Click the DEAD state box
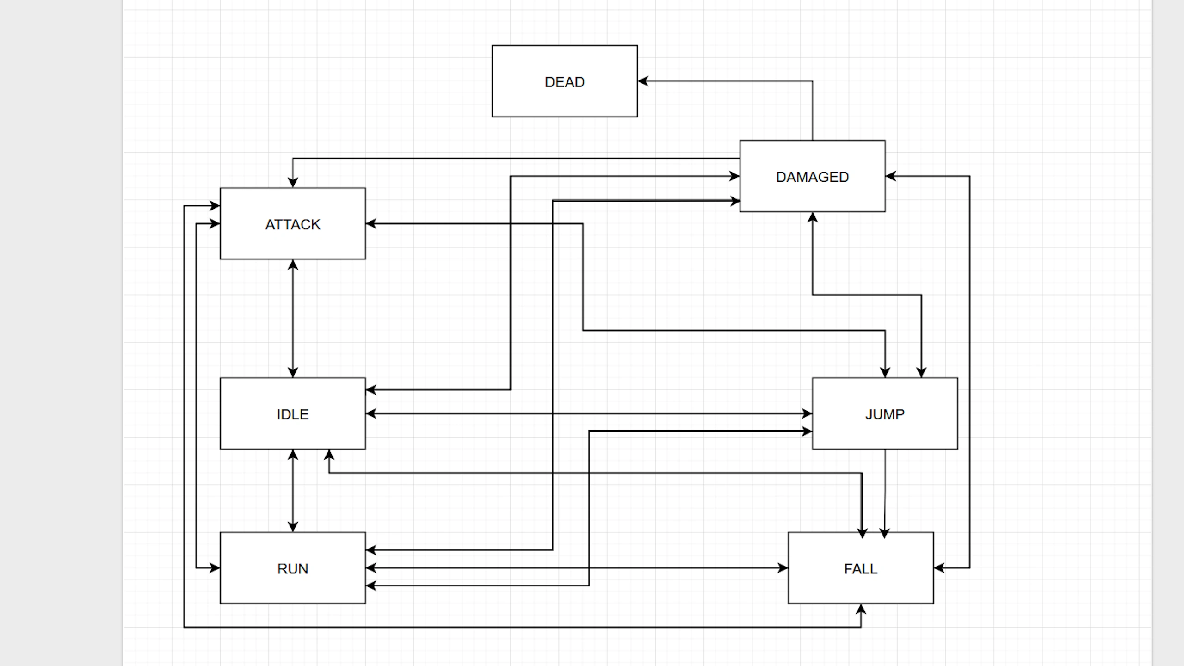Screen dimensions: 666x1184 (x=564, y=81)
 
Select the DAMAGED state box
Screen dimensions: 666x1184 (x=812, y=177)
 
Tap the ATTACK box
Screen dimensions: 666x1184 (x=292, y=224)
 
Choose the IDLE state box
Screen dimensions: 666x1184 (x=292, y=414)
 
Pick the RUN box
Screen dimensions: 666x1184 (x=292, y=568)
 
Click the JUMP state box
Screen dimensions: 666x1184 (x=885, y=414)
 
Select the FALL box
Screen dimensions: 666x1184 (x=860, y=568)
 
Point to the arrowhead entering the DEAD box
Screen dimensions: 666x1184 (x=643, y=81)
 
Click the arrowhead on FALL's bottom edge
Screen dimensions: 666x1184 (x=861, y=609)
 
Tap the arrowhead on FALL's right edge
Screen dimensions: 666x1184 (x=939, y=568)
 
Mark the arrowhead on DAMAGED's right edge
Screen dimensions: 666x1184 (x=891, y=176)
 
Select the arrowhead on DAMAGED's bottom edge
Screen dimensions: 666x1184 (x=813, y=217)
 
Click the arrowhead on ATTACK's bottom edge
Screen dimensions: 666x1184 (x=293, y=265)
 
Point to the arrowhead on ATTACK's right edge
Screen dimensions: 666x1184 (x=371, y=224)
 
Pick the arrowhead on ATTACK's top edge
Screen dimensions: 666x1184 (x=293, y=182)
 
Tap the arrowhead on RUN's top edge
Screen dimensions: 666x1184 (x=293, y=526)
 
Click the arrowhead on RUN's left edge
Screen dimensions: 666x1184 (x=215, y=568)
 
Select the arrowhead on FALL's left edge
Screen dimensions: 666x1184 (x=783, y=568)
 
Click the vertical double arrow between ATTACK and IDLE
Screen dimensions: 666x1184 (x=293, y=319)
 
